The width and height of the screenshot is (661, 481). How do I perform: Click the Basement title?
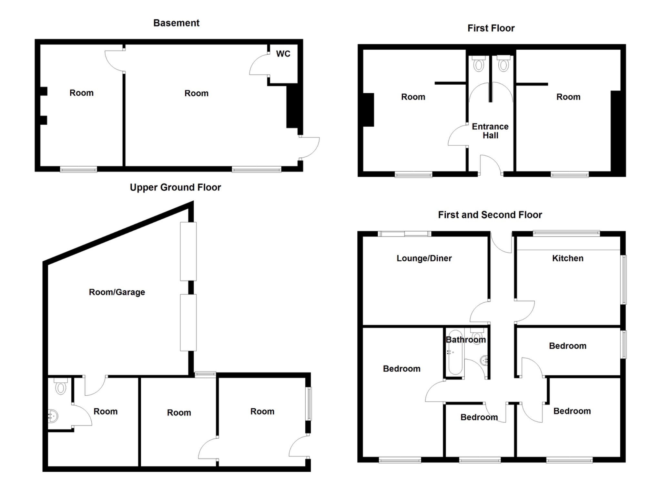coord(176,23)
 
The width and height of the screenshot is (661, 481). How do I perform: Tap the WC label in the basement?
coord(283,54)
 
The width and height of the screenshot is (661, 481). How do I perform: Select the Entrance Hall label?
coord(490,131)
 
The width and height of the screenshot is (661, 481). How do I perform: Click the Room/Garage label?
coord(117,292)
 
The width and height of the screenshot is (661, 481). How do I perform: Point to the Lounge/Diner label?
coord(424,258)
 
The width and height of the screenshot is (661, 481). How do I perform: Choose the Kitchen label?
coord(567,258)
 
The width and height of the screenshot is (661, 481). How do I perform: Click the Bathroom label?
coord(465,340)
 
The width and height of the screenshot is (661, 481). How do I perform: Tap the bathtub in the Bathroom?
coord(455,352)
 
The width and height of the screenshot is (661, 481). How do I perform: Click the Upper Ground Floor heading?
coord(175,187)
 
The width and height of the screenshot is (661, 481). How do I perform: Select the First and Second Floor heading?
coord(490,215)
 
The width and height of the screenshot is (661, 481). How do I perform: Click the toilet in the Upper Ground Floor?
coord(60,386)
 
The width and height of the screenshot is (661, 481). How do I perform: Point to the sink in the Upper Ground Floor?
coord(53,416)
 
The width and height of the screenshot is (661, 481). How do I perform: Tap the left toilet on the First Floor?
coord(478,64)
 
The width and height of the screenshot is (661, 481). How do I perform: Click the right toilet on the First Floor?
coord(503,64)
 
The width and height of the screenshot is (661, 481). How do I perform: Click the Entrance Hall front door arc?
coord(491,165)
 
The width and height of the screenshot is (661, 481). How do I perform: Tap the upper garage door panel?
coord(188,251)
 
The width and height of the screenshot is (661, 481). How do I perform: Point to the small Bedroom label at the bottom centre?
coord(479,417)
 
